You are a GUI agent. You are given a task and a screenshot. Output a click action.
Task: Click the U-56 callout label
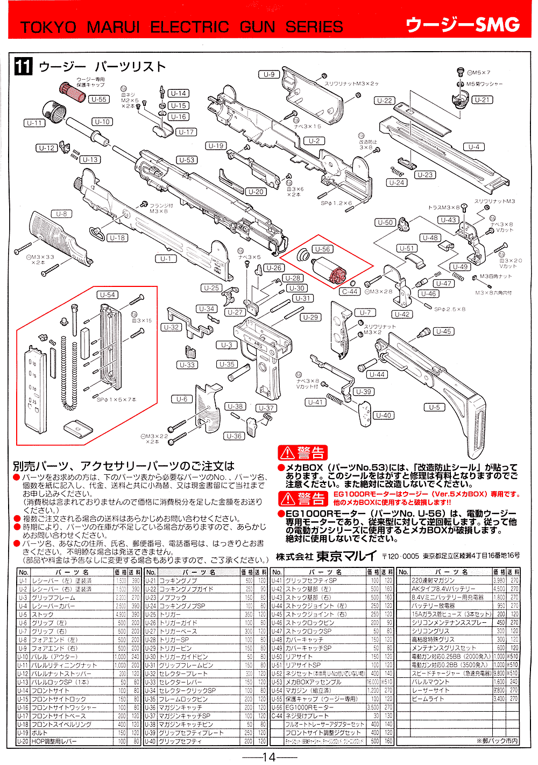[323, 249]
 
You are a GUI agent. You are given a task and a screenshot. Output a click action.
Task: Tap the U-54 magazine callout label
[108, 295]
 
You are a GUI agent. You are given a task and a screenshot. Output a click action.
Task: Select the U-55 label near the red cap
[99, 99]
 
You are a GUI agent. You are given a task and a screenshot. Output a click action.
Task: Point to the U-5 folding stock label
[435, 408]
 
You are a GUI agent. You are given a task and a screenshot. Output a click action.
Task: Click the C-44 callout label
[350, 292]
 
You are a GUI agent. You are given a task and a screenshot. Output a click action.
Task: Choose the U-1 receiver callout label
[165, 259]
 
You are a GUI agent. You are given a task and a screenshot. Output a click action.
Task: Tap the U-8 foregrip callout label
[62, 214]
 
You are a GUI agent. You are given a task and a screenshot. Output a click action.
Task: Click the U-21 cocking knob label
[482, 100]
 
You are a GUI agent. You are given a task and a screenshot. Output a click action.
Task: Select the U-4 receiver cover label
[474, 147]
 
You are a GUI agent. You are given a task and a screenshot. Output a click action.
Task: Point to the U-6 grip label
[182, 399]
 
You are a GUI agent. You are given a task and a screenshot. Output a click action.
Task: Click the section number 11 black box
[23, 67]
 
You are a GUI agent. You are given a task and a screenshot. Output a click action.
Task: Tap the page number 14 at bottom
[269, 757]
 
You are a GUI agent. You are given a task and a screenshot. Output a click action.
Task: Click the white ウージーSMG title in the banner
[463, 25]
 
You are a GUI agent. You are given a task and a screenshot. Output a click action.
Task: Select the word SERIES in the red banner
[314, 27]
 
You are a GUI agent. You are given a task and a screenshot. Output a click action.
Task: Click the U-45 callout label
[444, 332]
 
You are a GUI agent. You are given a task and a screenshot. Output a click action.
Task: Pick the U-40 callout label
[384, 416]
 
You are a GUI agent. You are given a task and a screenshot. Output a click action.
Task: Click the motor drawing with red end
[329, 270]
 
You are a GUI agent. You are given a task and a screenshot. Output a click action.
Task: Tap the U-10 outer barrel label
[102, 122]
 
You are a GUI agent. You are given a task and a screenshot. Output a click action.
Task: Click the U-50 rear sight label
[385, 222]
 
